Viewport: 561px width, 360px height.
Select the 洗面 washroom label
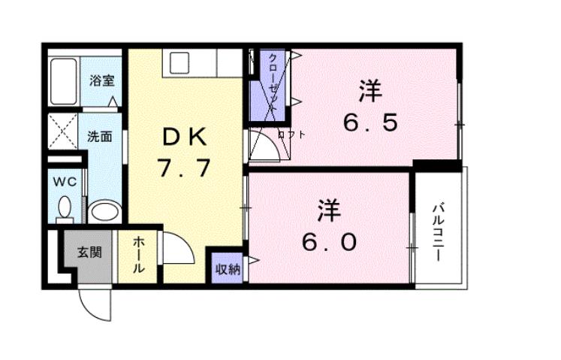(x=99, y=138)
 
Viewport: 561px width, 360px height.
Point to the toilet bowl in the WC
(x=65, y=207)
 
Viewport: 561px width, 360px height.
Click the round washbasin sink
(x=103, y=210)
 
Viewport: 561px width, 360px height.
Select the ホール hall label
(x=140, y=255)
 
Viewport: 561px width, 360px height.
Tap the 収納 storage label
(x=228, y=268)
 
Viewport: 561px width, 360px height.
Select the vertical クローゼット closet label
(x=274, y=83)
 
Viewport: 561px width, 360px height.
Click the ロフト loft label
(x=291, y=135)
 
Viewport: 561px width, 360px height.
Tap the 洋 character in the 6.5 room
(x=369, y=92)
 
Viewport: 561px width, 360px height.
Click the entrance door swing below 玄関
(x=95, y=304)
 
